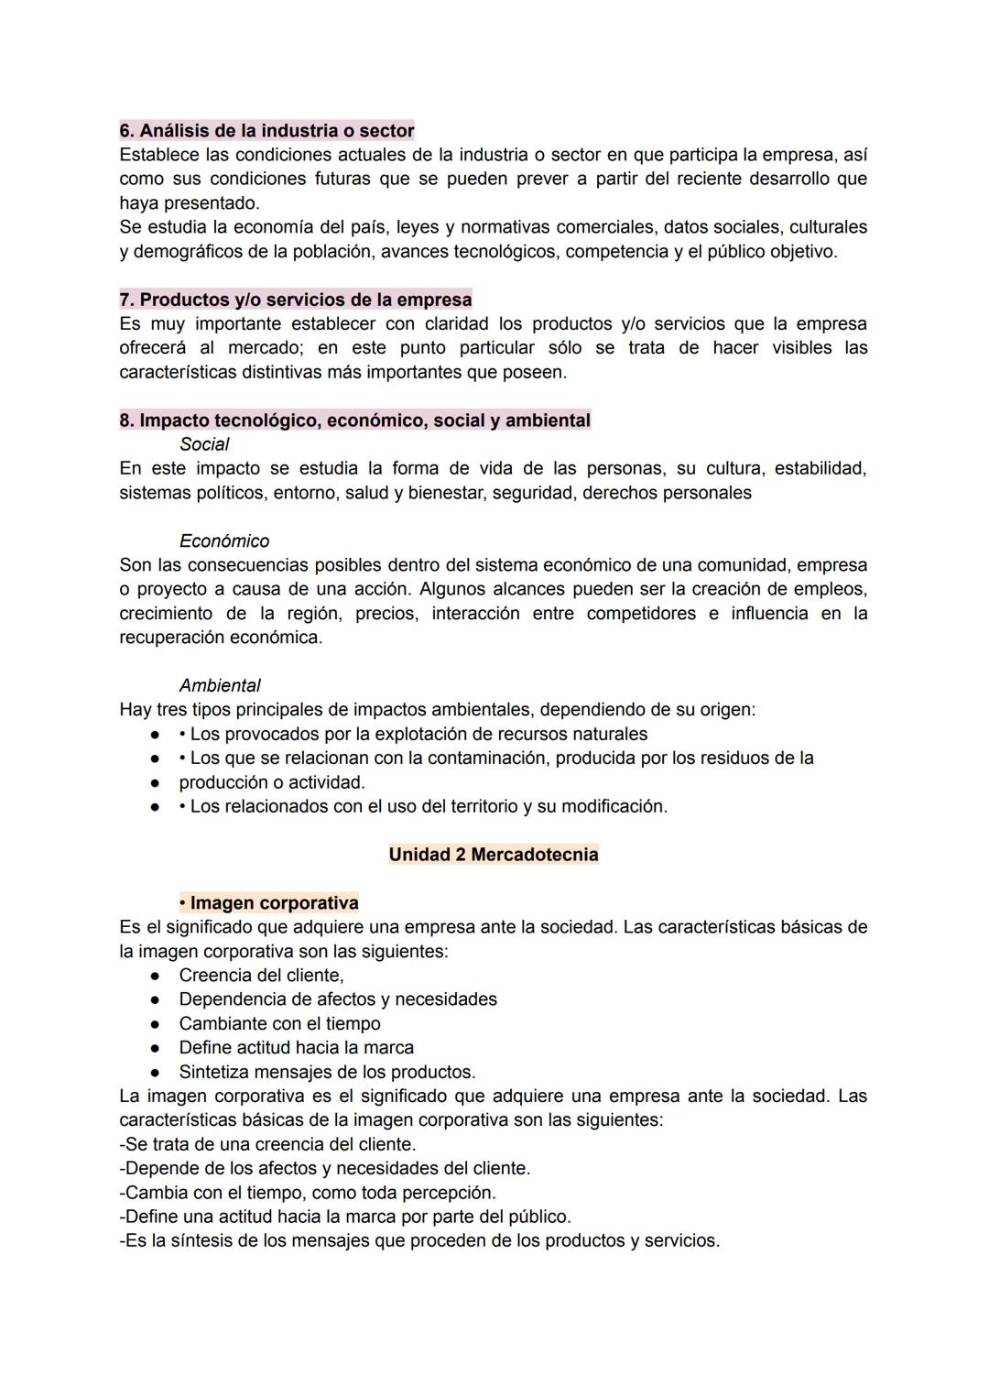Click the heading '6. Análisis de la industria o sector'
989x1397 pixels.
266,130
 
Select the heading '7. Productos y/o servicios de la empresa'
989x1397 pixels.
296,300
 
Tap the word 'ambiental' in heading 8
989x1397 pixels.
548,420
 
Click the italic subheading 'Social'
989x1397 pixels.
204,444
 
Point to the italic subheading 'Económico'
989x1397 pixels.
224,541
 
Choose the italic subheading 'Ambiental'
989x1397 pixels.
220,686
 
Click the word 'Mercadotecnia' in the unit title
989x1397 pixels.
534,855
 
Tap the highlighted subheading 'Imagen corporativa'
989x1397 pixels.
274,903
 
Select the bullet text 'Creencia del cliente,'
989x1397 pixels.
261,976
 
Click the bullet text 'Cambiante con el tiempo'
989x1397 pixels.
279,1024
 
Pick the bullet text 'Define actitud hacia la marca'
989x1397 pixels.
296,1048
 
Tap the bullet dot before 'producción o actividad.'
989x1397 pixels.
157,783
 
